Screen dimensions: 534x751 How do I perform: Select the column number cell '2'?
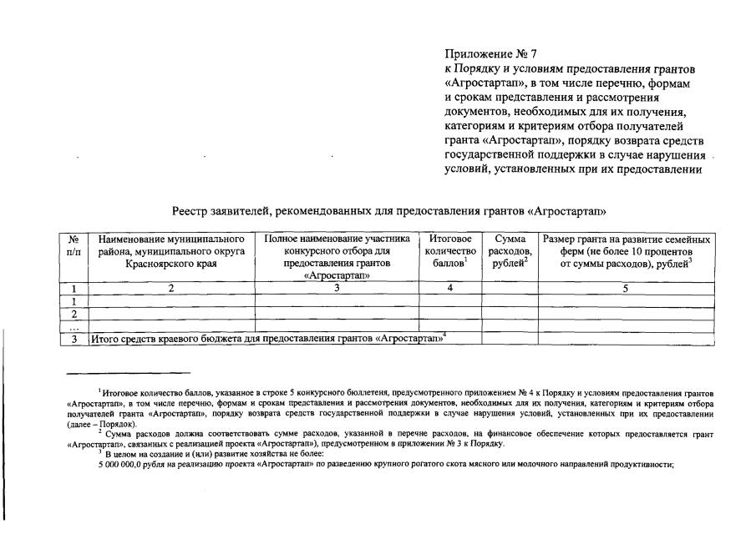(170, 288)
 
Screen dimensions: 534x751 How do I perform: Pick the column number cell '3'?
(337, 288)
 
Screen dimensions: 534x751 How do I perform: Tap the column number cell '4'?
(449, 288)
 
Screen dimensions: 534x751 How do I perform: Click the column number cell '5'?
(626, 288)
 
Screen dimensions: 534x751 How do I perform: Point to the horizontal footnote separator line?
(129, 372)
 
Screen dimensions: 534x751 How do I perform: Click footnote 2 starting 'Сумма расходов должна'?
(251, 434)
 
